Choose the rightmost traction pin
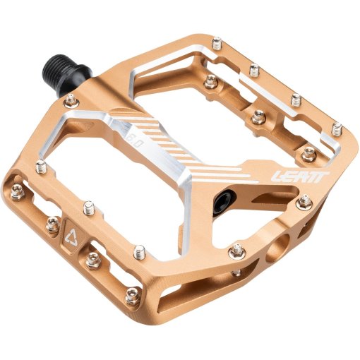coord(338,129)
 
